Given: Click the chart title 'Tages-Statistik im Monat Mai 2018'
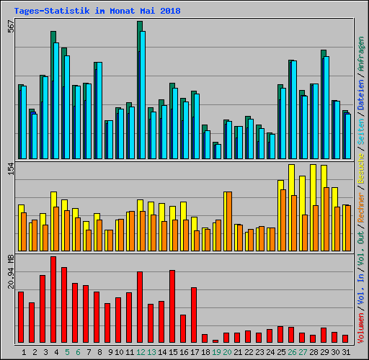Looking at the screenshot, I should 97,12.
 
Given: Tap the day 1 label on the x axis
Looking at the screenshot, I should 24,351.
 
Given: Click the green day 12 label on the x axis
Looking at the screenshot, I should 140,351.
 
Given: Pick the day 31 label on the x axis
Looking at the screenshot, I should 346,351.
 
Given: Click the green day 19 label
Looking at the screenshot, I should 215,351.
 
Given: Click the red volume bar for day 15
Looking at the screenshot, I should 172,306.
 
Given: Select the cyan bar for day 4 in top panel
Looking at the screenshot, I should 56,101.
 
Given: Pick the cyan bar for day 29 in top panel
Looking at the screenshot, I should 326,107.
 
